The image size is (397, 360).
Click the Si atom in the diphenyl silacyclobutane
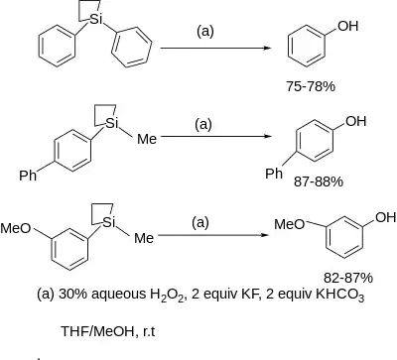point(96,20)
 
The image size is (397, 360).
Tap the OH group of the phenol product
point(348,26)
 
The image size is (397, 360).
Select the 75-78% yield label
point(311,86)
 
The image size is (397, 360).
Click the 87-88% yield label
point(319,181)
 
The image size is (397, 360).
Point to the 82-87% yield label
point(348,278)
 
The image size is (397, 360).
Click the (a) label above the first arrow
point(205,32)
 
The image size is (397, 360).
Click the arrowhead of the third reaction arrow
point(266,235)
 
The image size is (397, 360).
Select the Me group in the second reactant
point(147,139)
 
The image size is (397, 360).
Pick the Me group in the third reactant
point(144,238)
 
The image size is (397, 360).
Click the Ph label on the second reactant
point(28,176)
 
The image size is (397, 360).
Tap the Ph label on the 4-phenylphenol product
point(274,174)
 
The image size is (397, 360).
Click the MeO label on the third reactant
point(16,228)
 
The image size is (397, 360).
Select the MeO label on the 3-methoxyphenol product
point(290,224)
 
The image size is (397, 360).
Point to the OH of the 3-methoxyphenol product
point(386,217)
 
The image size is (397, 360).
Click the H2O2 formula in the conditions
point(166,295)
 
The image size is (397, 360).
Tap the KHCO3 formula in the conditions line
point(340,295)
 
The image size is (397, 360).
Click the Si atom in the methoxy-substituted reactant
point(109,222)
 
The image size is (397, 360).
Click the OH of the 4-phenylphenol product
point(356,121)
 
